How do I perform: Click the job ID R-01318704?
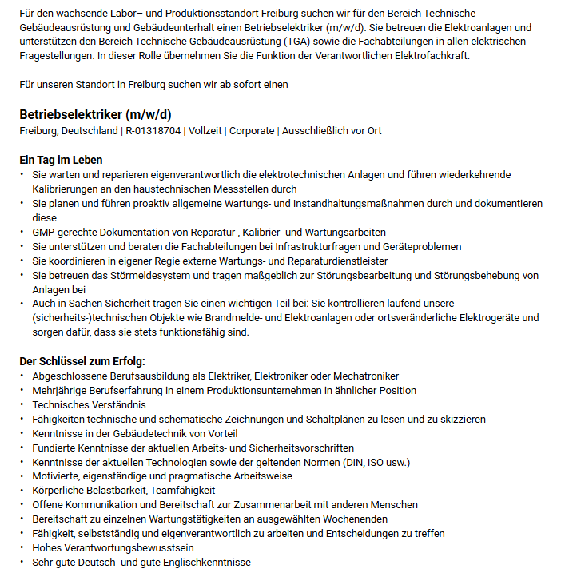[x=152, y=131]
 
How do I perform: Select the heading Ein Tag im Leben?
[x=61, y=160]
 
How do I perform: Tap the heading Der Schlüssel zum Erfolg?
[x=82, y=361]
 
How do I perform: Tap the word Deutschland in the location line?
[x=89, y=131]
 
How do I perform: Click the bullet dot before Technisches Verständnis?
[x=22, y=404]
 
